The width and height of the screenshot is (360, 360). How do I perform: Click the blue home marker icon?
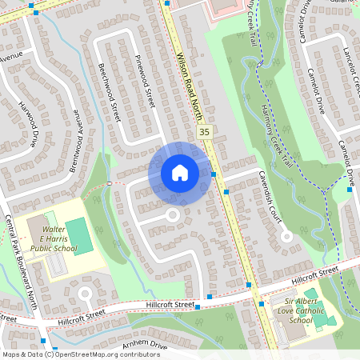click(x=179, y=173)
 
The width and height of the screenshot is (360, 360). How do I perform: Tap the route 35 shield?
click(x=206, y=131)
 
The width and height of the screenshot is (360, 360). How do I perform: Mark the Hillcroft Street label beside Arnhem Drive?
click(x=170, y=305)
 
